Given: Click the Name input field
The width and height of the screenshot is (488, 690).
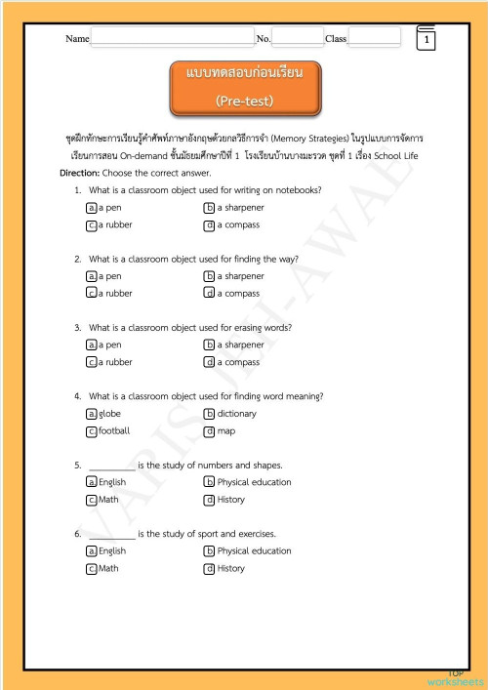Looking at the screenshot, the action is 172,37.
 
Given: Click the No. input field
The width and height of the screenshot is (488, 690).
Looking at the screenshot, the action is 298,37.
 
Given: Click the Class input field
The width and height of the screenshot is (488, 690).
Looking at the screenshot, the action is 374,37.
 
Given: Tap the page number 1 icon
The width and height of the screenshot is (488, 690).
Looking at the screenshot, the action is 427,40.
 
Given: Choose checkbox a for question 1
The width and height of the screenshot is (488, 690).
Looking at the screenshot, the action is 91,208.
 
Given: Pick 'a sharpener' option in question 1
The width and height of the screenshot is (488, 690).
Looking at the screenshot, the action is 240,208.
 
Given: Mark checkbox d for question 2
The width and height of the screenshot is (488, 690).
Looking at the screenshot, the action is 209,293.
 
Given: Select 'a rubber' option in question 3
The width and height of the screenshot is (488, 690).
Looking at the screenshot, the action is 115,362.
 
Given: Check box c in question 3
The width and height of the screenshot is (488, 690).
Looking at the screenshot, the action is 91,362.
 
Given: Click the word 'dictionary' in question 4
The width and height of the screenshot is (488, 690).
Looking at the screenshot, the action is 237,414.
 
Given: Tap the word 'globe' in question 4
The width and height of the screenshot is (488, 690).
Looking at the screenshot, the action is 110,414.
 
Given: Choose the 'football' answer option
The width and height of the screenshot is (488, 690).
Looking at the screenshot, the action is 114,430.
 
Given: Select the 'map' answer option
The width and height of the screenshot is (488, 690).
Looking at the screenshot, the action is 226,430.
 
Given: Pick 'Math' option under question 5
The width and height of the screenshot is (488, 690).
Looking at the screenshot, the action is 108,500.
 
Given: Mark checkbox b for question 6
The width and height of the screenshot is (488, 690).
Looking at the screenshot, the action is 209,550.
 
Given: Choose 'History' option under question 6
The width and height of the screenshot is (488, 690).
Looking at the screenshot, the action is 231,568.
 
